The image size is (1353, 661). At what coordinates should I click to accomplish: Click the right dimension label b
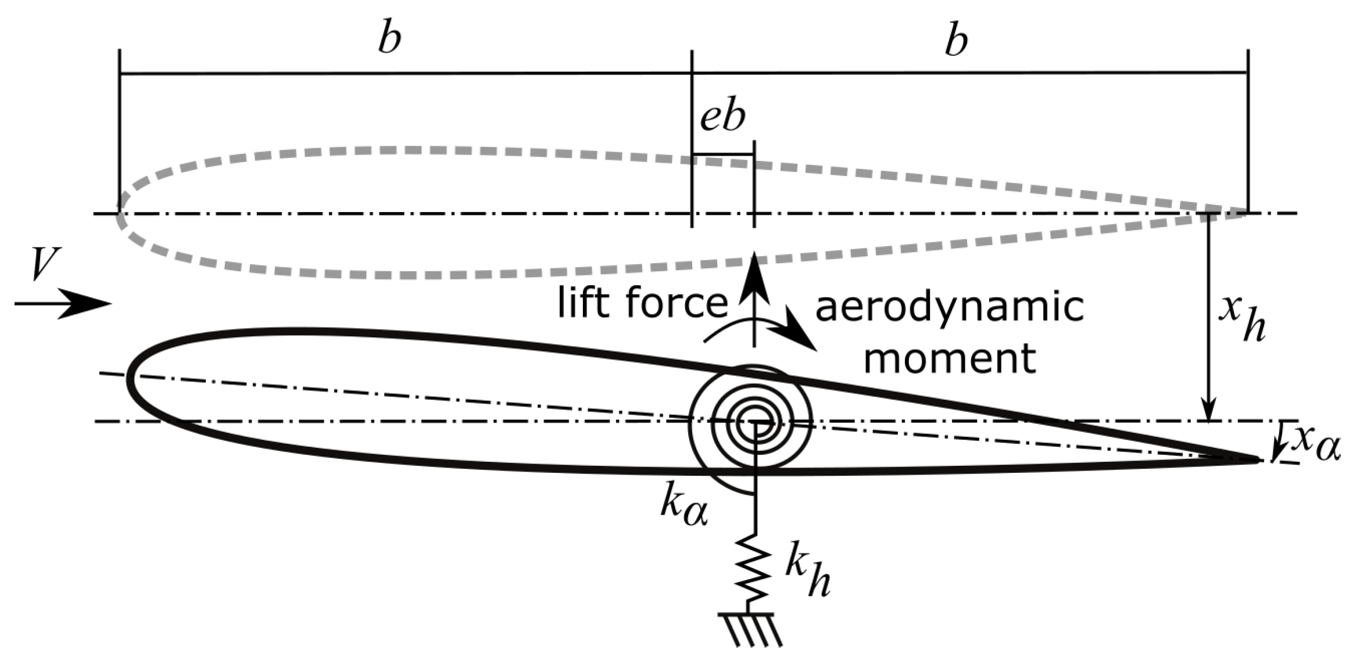point(956,41)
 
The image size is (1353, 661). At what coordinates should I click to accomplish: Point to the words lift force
point(642,303)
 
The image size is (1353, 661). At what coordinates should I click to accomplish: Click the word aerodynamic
point(950,308)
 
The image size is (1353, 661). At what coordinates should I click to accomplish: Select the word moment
point(950,358)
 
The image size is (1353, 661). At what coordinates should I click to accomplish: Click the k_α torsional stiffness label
point(683,507)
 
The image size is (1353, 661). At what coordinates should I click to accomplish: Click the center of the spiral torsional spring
point(754,422)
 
